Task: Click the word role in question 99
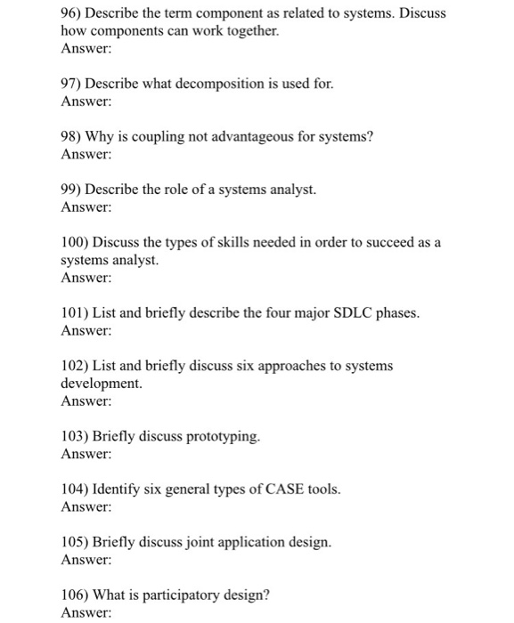194,190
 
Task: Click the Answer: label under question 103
86,454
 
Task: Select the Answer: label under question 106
86,613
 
